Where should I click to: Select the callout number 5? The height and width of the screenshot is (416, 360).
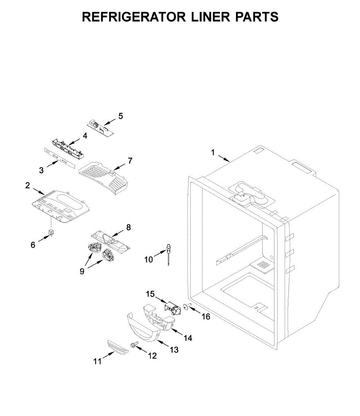coord(120,116)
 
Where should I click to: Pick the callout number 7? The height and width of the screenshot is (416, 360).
coord(130,161)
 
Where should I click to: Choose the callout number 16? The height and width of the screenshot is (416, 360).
coord(206,317)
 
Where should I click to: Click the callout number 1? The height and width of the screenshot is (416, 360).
coord(213,152)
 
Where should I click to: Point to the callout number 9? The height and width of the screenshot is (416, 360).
coord(82,271)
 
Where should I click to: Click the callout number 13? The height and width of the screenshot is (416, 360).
coord(174,350)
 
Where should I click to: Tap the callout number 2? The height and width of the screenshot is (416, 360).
coord(28,185)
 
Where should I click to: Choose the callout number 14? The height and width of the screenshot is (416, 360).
coord(188,338)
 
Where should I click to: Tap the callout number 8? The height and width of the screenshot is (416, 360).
coord(128,227)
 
